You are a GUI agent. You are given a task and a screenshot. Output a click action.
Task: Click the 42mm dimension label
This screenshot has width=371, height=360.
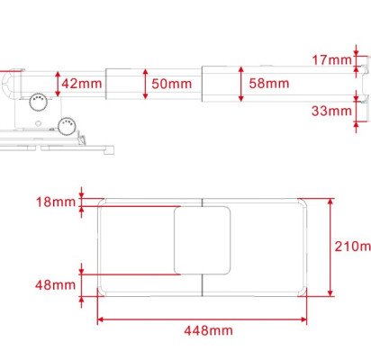tap(81, 84)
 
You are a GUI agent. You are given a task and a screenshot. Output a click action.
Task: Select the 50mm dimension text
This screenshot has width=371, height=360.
tap(172, 84)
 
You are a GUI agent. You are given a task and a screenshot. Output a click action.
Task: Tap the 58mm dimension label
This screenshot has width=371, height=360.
tap(270, 84)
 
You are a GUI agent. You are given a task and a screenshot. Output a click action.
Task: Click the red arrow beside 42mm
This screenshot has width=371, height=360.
tap(58, 84)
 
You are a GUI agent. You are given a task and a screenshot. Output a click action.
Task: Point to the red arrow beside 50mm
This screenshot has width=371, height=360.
tap(145, 84)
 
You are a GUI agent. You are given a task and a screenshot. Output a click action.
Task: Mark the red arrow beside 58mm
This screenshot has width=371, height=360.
tap(240, 84)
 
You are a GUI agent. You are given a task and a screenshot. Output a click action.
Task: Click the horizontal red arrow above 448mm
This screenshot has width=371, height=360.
tap(202, 318)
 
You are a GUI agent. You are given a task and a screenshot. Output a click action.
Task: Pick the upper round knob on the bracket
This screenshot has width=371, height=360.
tap(36, 102)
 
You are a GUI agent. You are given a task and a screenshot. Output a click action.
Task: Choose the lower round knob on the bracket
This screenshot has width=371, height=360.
tap(65, 124)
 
